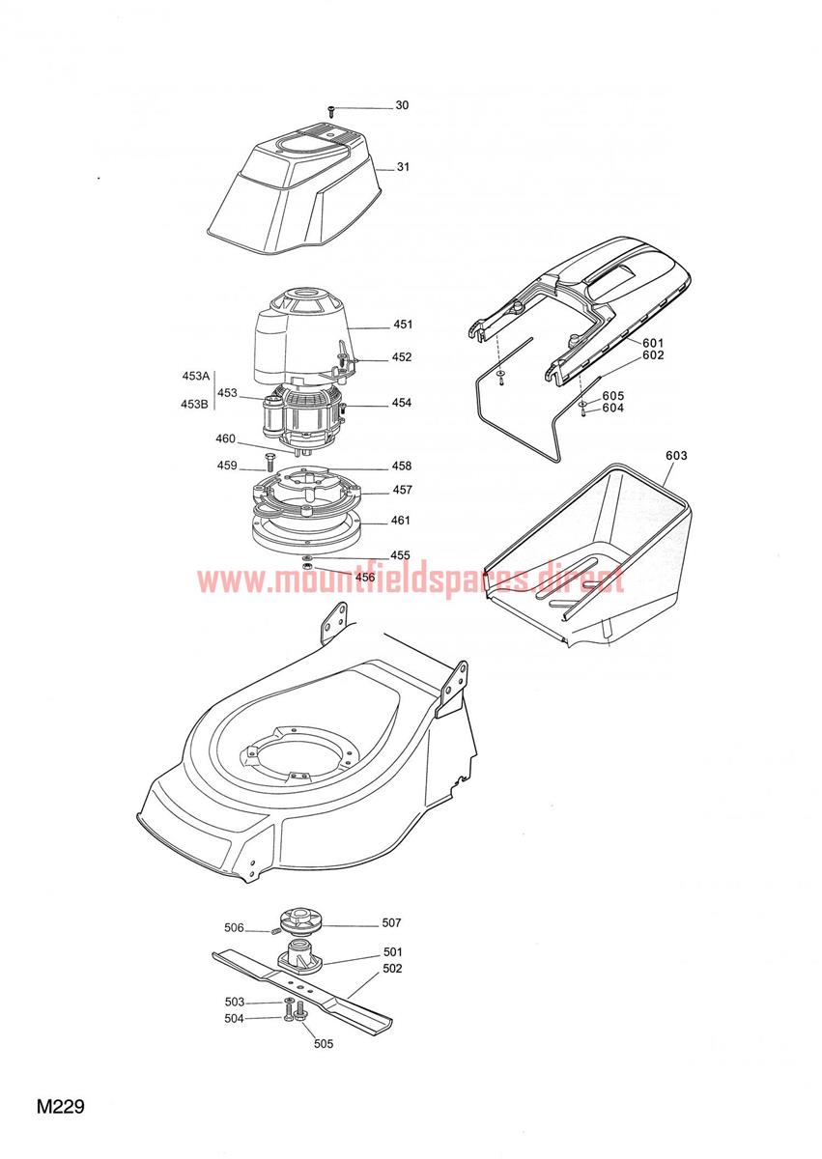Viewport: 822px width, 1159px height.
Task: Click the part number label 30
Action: (x=402, y=105)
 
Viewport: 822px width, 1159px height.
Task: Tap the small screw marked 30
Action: (x=330, y=110)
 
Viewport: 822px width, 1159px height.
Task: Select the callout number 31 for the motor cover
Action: (x=403, y=166)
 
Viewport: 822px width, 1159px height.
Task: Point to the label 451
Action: (x=403, y=325)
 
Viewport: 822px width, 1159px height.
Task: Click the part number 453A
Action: (x=195, y=376)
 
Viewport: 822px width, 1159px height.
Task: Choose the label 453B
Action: (x=194, y=404)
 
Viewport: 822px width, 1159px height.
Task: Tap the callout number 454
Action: (x=402, y=403)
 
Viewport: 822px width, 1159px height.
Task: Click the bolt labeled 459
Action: (x=269, y=461)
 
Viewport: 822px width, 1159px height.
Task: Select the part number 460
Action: (x=226, y=438)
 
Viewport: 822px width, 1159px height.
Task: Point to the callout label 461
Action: (x=401, y=520)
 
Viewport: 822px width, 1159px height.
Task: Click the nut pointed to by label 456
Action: (x=306, y=568)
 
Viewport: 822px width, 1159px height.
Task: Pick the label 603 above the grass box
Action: (x=677, y=455)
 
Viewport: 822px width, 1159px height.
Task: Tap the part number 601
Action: (x=653, y=343)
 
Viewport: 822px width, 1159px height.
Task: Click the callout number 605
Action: (x=613, y=396)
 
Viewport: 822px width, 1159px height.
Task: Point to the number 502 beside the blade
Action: (x=392, y=968)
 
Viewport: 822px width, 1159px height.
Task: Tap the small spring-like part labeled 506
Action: (x=275, y=931)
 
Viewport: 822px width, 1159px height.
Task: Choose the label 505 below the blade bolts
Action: (x=324, y=1044)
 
